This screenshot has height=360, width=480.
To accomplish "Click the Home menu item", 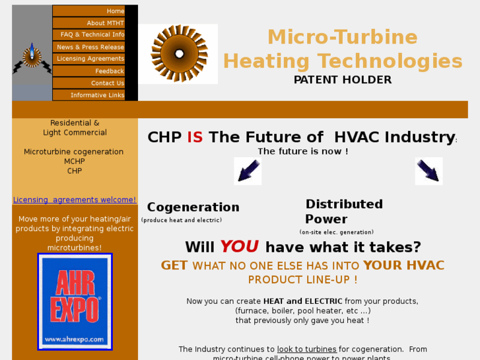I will pos(115,11).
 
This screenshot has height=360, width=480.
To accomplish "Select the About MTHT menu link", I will pos(105,23).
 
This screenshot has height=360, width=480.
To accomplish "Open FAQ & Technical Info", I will pos(92,35).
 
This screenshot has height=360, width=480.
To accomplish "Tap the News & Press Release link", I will pos(90,47).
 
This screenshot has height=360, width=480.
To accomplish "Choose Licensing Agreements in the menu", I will pos(90,59).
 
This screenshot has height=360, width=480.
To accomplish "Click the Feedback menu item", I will pos(109,71).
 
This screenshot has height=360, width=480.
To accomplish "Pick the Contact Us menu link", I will pos(107,83).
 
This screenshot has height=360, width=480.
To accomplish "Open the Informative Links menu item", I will pos(97,95).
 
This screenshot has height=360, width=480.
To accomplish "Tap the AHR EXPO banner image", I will pos(75,302).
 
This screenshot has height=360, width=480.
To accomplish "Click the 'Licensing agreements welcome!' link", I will pos(75,200).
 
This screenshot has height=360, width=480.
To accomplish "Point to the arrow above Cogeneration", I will pos(248,171).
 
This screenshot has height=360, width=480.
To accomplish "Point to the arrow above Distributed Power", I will pos(429,171).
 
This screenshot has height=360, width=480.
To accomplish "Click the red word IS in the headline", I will pos(195,137).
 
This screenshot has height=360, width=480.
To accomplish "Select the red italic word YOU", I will pos(239,247).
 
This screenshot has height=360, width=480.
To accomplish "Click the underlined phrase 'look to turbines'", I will pos(306,349).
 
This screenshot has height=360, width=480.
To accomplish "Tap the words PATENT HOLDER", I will pos(343,80).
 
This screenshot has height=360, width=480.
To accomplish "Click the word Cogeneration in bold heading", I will pos(193,207).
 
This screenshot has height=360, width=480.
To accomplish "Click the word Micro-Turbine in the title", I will pos(342,37).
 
